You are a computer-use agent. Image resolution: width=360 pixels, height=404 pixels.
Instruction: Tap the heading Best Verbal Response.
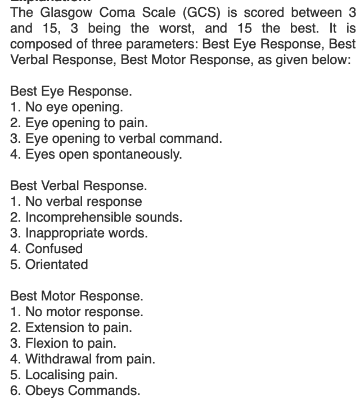pyautogui.click(x=78, y=186)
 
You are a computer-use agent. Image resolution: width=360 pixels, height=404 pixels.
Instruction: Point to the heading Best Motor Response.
pyautogui.click(x=76, y=296)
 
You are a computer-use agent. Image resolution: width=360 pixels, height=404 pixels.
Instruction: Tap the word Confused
pyautogui.click(x=54, y=249)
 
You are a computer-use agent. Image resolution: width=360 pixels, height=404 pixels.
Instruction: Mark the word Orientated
pyautogui.click(x=57, y=264)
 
